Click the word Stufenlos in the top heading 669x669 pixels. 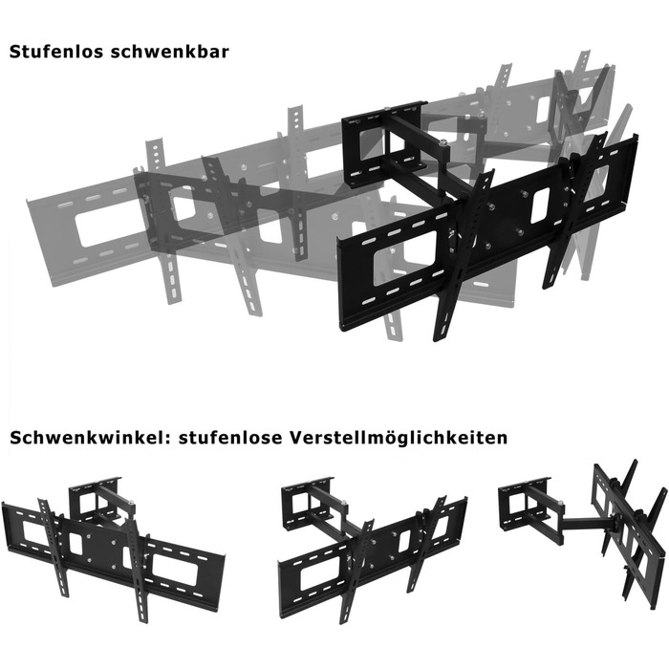(55, 52)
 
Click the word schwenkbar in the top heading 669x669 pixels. (169, 52)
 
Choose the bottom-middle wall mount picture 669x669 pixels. (372, 550)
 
